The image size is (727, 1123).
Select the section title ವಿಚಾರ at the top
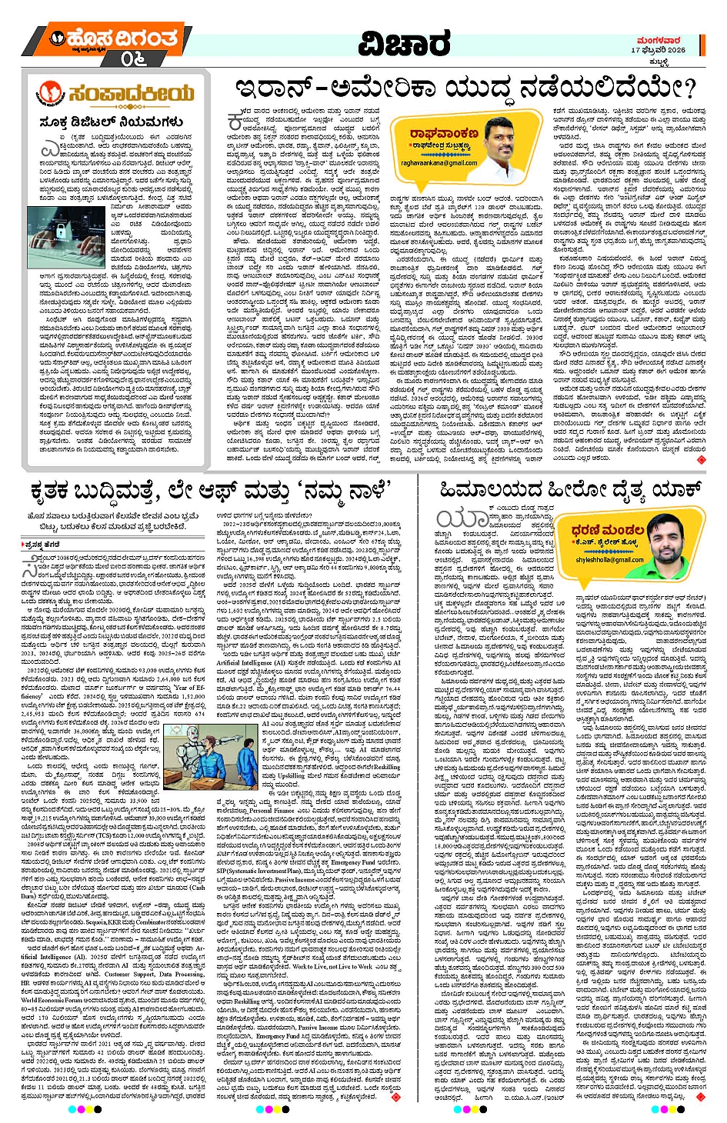pyautogui.click(x=404, y=45)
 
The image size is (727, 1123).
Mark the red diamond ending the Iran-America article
pyautogui.click(x=700, y=459)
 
